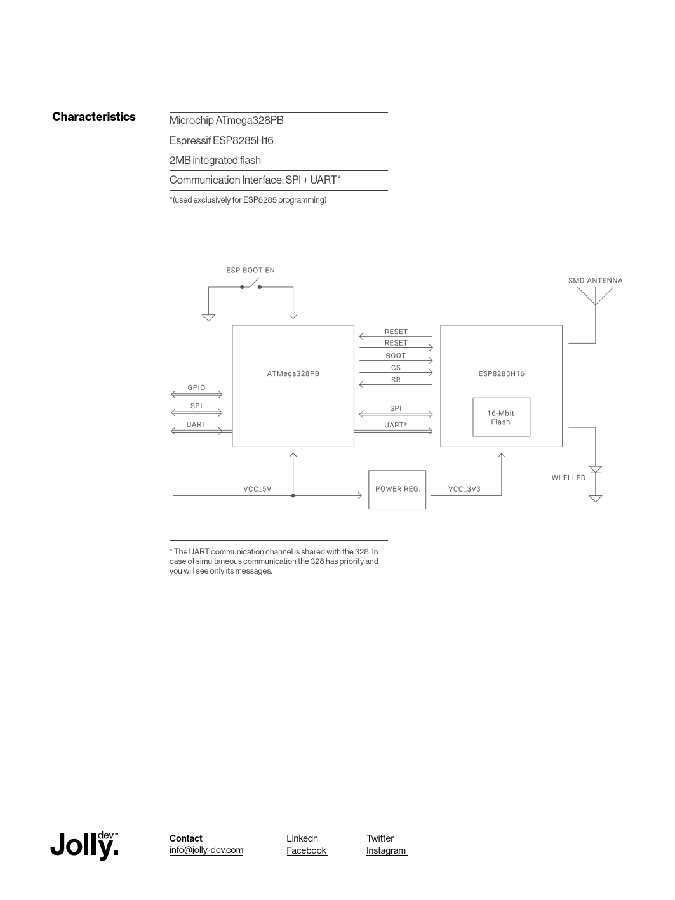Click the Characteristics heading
point(94,117)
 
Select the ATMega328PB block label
point(293,373)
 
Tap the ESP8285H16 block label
point(501,373)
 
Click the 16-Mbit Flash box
point(501,417)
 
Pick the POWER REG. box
point(397,489)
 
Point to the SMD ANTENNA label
point(595,281)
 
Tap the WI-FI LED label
point(568,478)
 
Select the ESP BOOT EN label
point(250,271)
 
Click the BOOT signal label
point(396,356)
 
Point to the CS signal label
point(396,368)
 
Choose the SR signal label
point(396,380)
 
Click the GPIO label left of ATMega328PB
point(196,387)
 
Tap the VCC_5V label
point(257,489)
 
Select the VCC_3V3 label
point(464,489)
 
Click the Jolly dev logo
point(84,845)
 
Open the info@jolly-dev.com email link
point(206,850)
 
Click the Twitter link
point(380,838)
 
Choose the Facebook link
point(306,850)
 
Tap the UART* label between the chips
point(396,425)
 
